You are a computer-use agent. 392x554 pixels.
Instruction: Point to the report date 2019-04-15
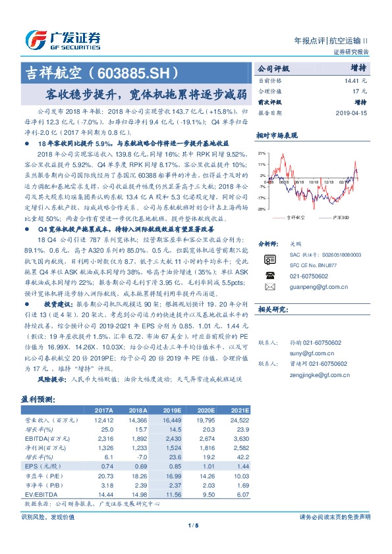tap(350, 113)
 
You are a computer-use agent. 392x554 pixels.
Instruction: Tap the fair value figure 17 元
tap(360, 92)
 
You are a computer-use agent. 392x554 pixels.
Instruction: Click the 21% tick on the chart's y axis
tap(262, 152)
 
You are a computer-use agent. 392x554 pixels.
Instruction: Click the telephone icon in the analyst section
tap(269, 275)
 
